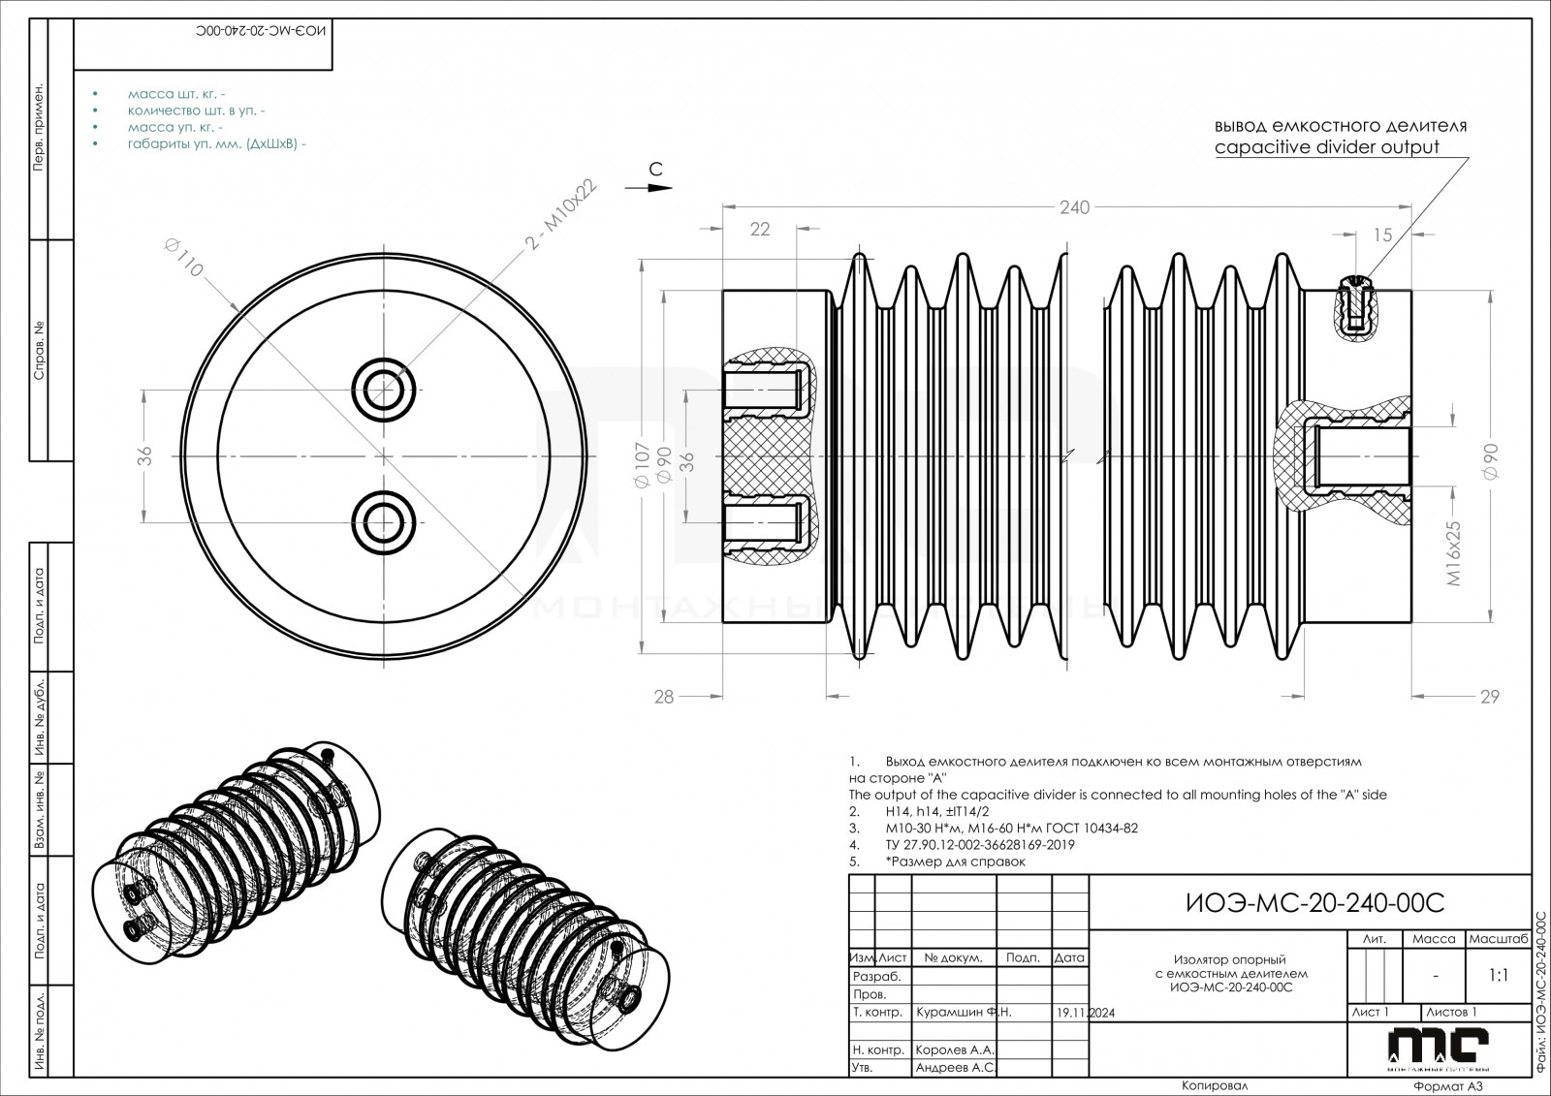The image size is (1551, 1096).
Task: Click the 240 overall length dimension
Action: (1074, 206)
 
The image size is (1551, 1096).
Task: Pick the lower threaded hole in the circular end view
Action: (385, 520)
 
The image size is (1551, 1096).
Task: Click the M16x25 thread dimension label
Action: (1454, 551)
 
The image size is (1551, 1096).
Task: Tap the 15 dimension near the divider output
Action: (1382, 235)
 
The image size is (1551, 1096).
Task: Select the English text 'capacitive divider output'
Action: (1326, 147)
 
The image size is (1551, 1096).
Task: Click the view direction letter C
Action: (655, 169)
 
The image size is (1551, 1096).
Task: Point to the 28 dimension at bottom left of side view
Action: (663, 696)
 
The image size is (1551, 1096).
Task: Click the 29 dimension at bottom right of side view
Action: (1490, 696)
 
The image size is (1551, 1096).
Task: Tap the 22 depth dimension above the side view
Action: (760, 229)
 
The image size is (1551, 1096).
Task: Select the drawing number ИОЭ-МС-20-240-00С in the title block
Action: (1315, 903)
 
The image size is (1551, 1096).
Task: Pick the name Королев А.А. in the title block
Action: (955, 1049)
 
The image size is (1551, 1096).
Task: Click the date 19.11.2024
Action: (1086, 1013)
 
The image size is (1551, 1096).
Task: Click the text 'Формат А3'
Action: (1447, 1087)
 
